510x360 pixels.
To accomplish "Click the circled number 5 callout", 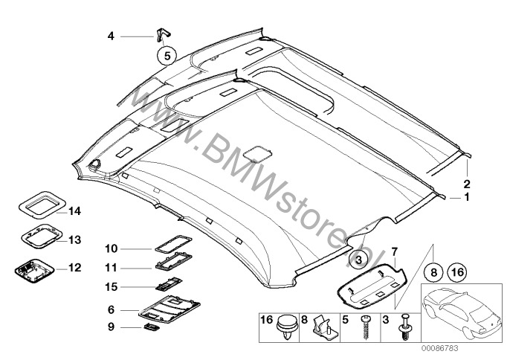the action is pos(167,56).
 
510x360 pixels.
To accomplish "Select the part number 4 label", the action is pos(111,36).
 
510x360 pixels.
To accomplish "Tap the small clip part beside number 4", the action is pos(163,34).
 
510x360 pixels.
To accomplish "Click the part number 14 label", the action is pos(74,211).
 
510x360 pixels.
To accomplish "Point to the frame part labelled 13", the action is pos(42,237).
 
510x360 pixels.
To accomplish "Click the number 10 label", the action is pos(111,249).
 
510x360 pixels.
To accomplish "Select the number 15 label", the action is pos(111,287).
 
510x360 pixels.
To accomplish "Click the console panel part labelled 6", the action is pos(170,308).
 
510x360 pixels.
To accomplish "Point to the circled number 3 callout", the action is pos(359,260).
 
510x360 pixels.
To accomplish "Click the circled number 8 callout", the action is pos(434,271).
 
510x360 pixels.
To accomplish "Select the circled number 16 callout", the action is pos(457,271).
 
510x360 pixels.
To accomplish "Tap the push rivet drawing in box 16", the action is pos(287,327).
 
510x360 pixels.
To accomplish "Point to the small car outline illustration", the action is pos(461,312).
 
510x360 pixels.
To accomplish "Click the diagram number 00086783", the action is pos(440,348).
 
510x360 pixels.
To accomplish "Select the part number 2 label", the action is pos(467,184).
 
